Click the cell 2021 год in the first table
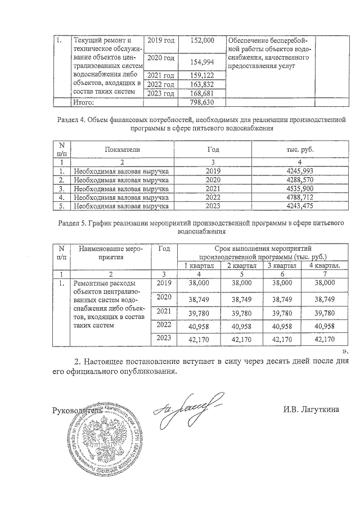pos(160,75)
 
